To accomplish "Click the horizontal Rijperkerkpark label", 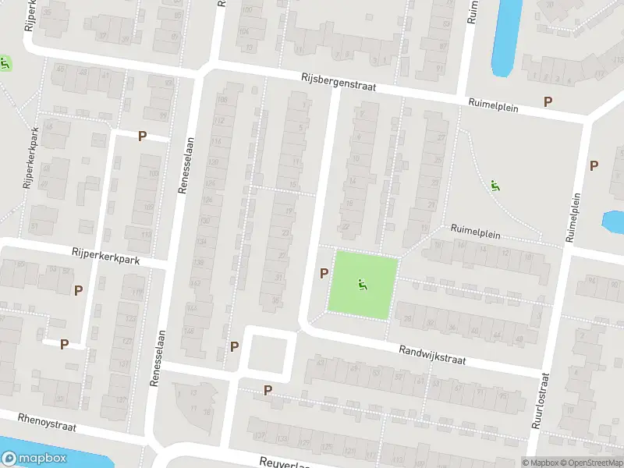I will click(105, 256).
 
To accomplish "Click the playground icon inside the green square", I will click(360, 286).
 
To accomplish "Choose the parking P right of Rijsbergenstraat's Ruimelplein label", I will click(548, 101).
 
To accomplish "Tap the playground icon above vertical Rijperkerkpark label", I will click(5, 63).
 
